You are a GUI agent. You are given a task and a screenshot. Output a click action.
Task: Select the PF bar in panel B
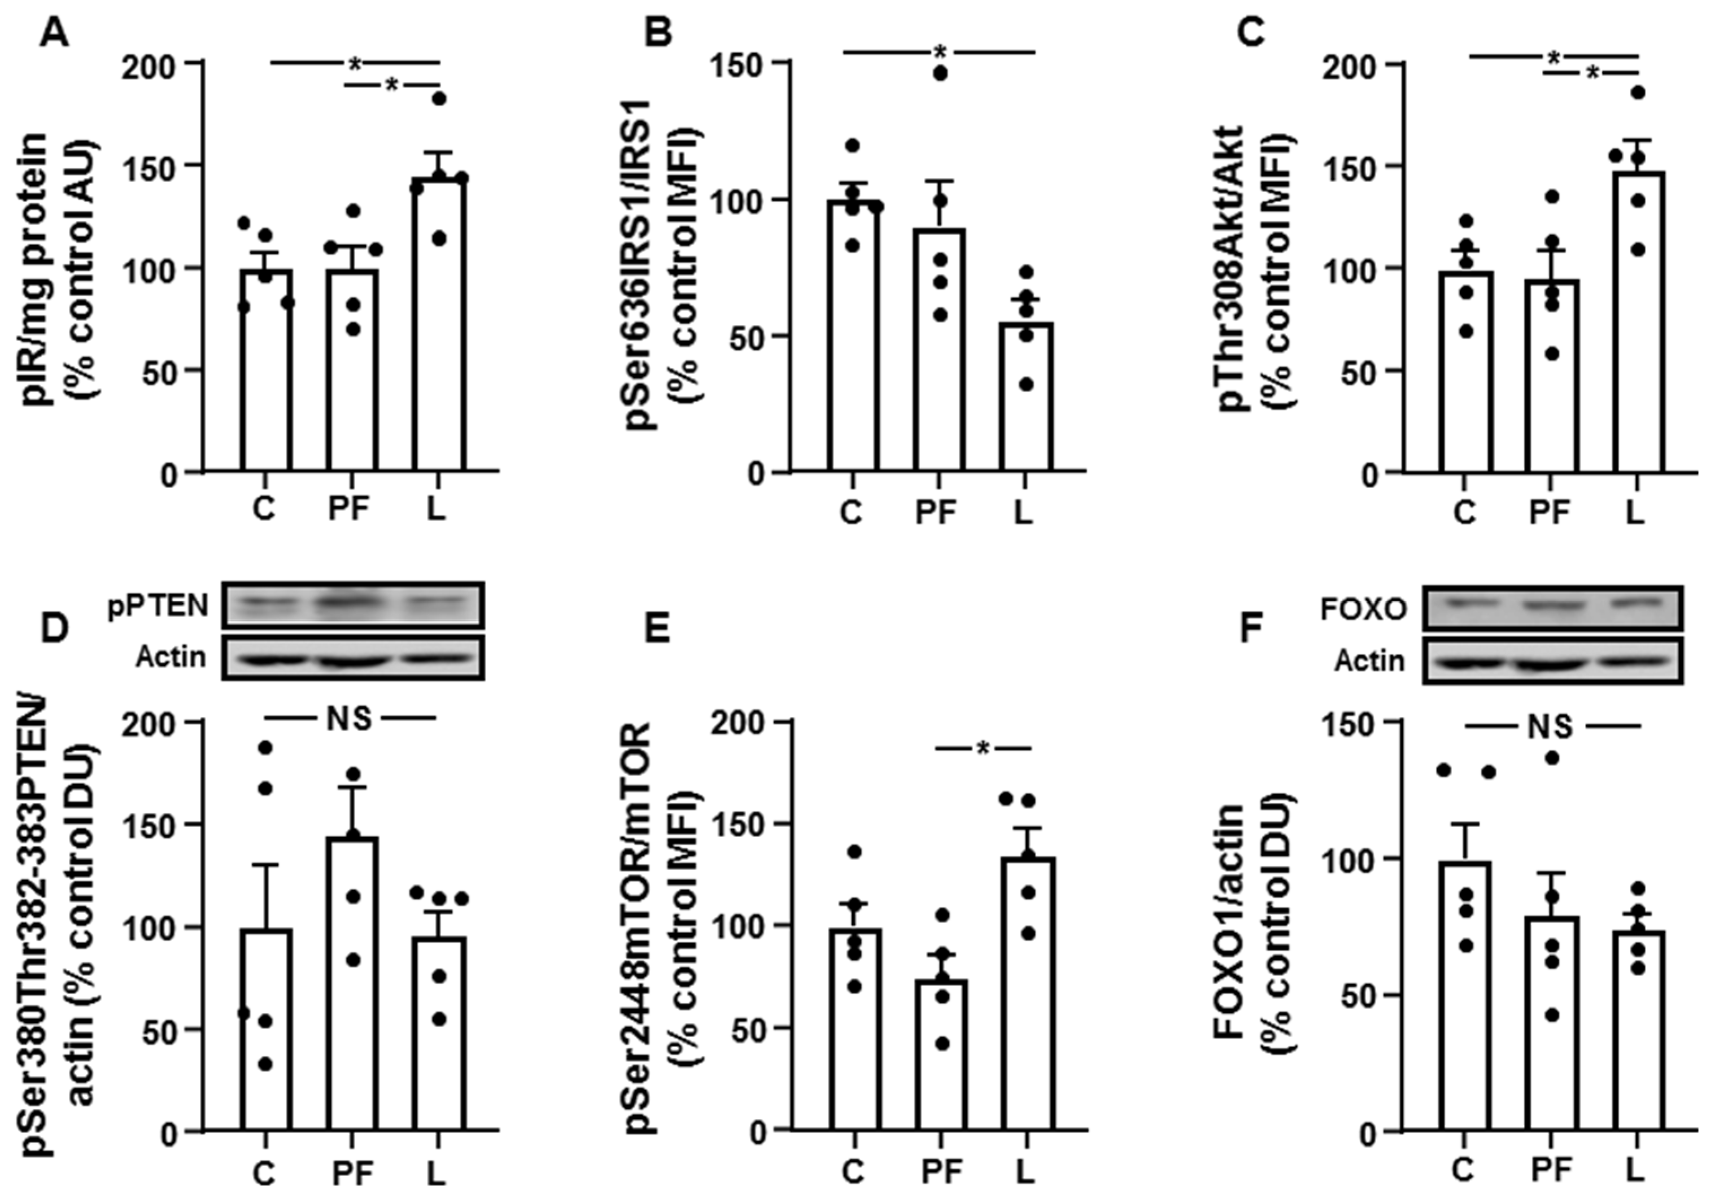coord(940,351)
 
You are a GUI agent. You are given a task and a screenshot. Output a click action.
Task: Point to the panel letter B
coord(658,34)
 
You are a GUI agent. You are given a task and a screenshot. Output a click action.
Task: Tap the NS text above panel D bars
coord(349,719)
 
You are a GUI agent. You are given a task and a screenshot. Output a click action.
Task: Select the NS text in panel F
coord(1551,726)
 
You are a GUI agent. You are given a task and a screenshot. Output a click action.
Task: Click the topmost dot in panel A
coord(439,99)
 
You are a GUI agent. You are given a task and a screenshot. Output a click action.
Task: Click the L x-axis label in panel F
coord(1634,1170)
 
